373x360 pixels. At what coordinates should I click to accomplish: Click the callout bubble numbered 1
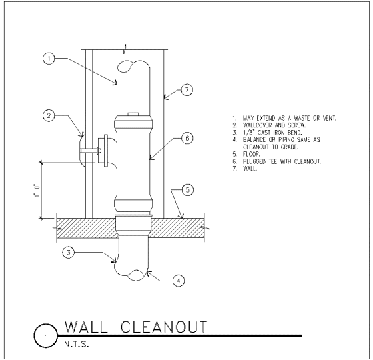click(49, 59)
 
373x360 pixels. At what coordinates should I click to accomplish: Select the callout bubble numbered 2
click(49, 116)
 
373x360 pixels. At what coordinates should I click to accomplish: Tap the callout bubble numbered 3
click(69, 253)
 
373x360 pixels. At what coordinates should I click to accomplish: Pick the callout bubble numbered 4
click(179, 281)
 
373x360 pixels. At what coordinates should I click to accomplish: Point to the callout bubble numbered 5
click(188, 190)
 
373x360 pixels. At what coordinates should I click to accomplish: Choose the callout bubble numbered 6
click(187, 138)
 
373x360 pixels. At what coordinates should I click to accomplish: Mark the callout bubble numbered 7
click(187, 90)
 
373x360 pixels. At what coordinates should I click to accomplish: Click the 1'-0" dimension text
click(36, 191)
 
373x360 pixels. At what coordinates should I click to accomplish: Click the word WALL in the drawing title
click(86, 327)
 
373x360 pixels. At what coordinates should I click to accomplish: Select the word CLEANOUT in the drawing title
click(164, 327)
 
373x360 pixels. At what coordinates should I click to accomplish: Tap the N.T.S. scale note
click(77, 344)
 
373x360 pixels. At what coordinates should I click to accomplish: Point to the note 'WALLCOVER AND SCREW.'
click(274, 125)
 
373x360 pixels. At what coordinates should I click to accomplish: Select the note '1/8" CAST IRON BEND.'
click(272, 133)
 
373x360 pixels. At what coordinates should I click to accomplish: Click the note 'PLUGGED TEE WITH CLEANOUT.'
click(282, 161)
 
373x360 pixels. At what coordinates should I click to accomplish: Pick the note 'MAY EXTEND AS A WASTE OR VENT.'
click(290, 118)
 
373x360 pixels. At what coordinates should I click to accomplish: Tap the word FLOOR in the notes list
click(252, 154)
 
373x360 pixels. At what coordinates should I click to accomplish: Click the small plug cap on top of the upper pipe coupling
click(133, 114)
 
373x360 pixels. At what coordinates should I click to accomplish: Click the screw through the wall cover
click(90, 151)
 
